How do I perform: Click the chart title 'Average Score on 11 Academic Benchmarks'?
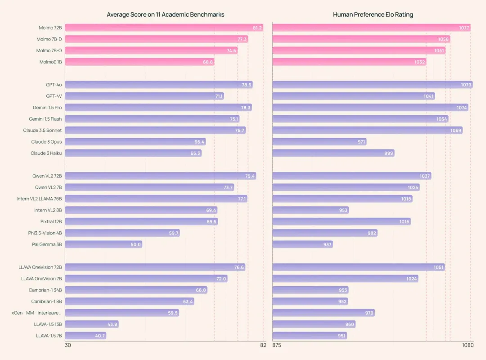point(165,15)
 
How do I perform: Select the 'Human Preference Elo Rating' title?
point(373,15)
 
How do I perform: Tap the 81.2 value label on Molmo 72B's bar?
point(257,28)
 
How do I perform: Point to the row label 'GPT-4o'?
point(54,85)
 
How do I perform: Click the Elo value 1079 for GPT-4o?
point(466,85)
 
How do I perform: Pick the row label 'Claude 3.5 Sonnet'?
point(43,130)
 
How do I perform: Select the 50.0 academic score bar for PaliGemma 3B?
point(103,244)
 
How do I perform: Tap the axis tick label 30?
point(68,345)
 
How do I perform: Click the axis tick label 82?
point(263,345)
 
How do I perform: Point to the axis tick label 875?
point(277,345)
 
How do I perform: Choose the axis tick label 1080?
point(468,345)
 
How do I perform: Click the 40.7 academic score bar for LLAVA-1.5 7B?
point(85,336)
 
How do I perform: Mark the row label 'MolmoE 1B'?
point(50,62)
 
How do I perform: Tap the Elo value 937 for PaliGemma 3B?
point(327,245)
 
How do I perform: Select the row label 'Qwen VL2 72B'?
point(47,176)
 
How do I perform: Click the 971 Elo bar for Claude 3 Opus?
point(319,142)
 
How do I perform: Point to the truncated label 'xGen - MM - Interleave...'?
point(37,313)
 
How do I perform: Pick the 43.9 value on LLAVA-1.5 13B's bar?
point(112,324)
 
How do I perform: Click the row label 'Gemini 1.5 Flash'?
point(45,119)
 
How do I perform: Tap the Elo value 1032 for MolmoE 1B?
point(419,62)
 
